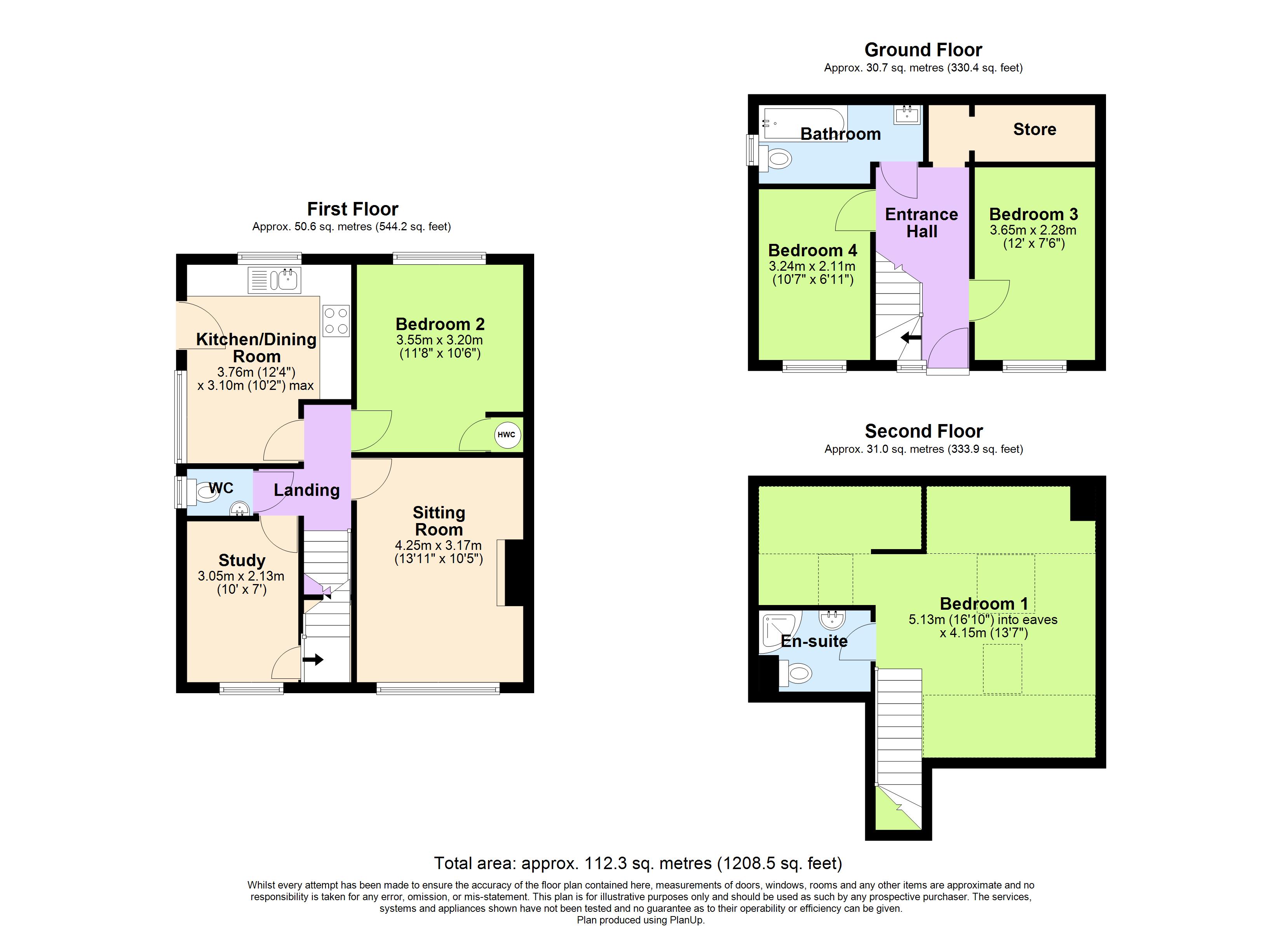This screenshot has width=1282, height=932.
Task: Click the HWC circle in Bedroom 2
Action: [507, 435]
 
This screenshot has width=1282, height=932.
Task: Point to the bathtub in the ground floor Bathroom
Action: [803, 123]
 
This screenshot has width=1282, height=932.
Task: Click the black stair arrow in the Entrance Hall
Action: [910, 338]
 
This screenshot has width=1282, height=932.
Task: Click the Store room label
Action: [1035, 129]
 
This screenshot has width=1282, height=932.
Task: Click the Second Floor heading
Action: [924, 431]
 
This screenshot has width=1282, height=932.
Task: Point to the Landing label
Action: [307, 490]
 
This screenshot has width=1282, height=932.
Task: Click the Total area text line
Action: [638, 863]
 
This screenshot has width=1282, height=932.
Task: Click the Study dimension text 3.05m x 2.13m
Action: [241, 576]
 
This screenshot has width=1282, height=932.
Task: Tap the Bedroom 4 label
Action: [812, 250]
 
